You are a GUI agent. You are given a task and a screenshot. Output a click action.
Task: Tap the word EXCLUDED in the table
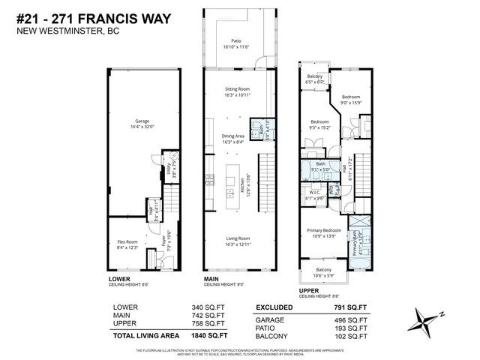275,307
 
